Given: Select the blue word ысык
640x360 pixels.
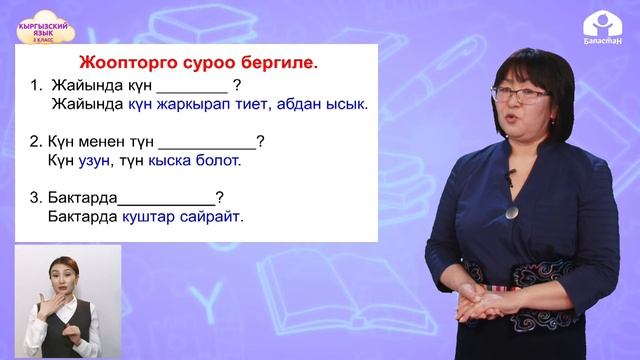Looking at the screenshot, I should tap(349, 103).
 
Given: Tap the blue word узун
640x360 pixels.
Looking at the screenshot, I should tap(102, 159).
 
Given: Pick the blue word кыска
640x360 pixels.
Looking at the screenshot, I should tap(171, 159).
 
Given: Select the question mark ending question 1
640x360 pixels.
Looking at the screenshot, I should tap(236, 86).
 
